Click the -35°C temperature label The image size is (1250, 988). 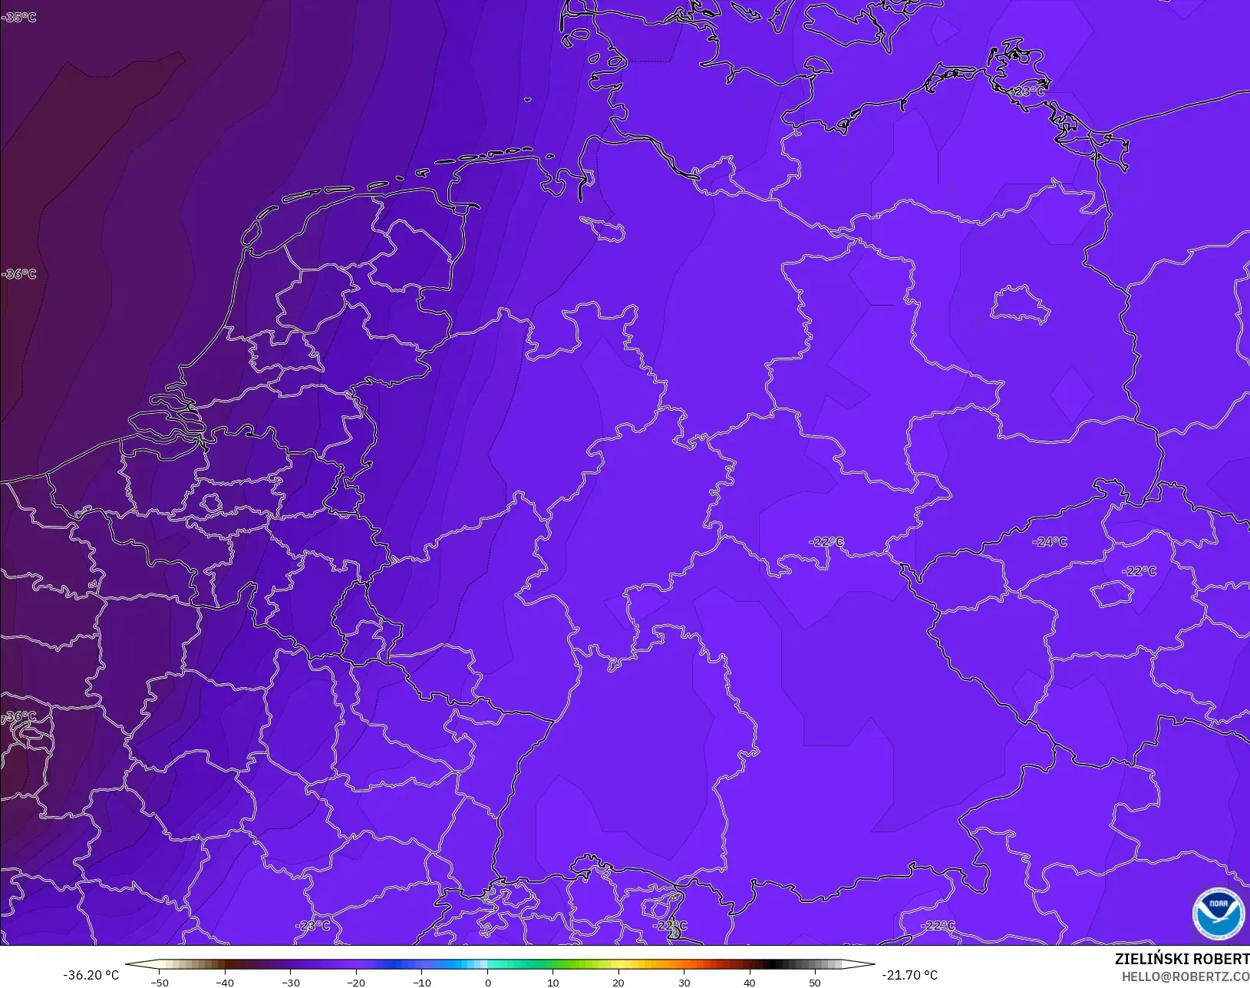pyautogui.click(x=19, y=17)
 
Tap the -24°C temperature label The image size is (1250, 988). pyautogui.click(x=1050, y=541)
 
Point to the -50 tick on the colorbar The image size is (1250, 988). pyautogui.click(x=160, y=982)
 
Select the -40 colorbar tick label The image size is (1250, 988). pyautogui.click(x=225, y=982)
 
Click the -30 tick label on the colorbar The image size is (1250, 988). pyautogui.click(x=291, y=982)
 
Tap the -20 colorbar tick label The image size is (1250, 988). pyautogui.click(x=356, y=982)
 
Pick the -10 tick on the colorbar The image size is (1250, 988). pyautogui.click(x=422, y=982)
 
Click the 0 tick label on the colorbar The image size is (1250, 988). pyautogui.click(x=488, y=982)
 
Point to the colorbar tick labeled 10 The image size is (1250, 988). pyautogui.click(x=553, y=982)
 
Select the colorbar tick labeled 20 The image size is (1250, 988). pyautogui.click(x=618, y=982)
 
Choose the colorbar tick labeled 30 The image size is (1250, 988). pyautogui.click(x=684, y=982)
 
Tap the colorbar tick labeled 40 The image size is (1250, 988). pyautogui.click(x=750, y=982)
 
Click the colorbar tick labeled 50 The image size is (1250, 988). pyautogui.click(x=815, y=982)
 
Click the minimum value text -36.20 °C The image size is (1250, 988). pyautogui.click(x=91, y=975)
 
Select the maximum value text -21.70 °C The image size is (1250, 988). pyautogui.click(x=909, y=975)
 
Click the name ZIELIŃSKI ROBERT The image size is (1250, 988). pyautogui.click(x=1182, y=960)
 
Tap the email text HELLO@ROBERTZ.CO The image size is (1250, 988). pyautogui.click(x=1186, y=976)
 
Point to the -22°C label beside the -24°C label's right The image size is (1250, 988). pyautogui.click(x=1139, y=571)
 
